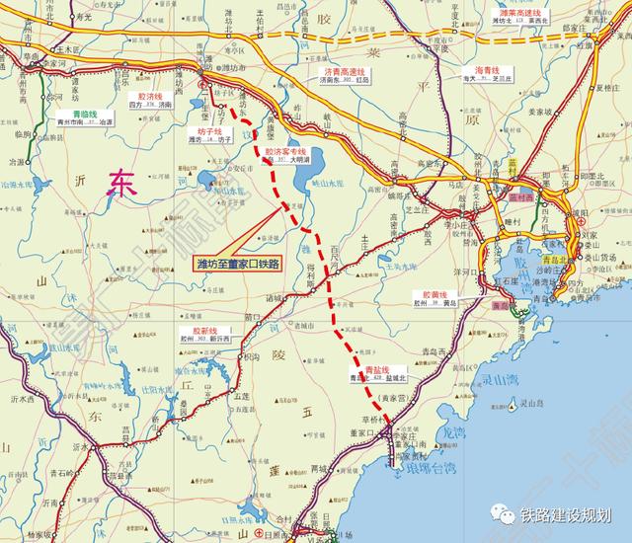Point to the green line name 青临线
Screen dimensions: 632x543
71,113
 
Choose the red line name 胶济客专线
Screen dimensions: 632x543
285,152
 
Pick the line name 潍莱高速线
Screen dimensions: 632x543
517,10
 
